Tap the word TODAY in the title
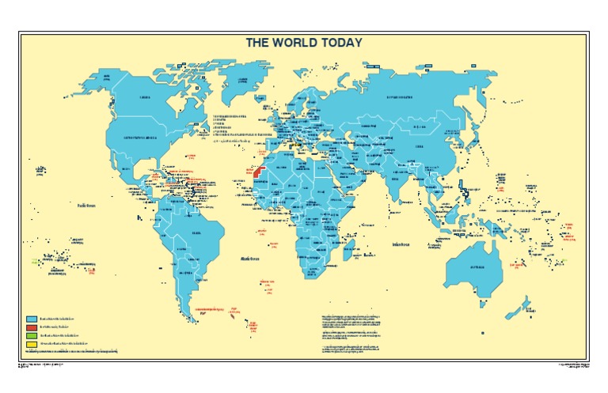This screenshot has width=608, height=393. (x=340, y=43)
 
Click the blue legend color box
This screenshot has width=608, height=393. (x=30, y=316)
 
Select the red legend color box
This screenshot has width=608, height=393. (x=30, y=326)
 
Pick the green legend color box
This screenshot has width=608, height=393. (x=30, y=335)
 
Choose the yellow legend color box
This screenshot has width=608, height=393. (x=30, y=344)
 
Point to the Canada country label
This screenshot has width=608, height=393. (x=144, y=97)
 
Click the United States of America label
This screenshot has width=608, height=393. (x=141, y=137)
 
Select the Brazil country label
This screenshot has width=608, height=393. (x=196, y=232)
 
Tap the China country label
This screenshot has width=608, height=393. (x=419, y=145)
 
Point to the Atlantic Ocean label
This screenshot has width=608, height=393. (x=251, y=258)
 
